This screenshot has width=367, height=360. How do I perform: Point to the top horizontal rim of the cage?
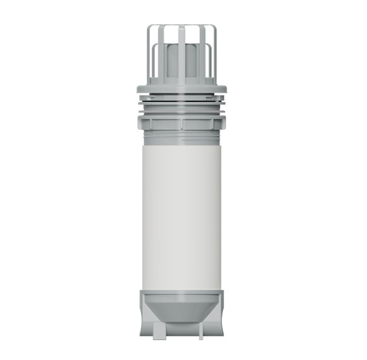pos(182,28)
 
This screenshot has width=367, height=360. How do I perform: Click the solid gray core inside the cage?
pos(182,66)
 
